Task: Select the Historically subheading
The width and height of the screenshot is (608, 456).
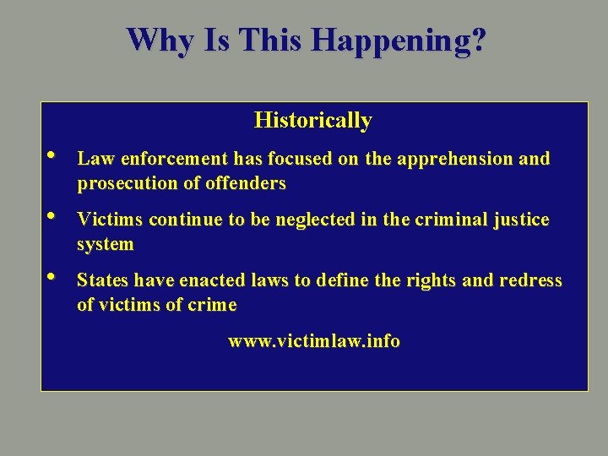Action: pyautogui.click(x=312, y=121)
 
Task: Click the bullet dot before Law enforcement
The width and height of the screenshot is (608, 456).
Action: pyautogui.click(x=52, y=155)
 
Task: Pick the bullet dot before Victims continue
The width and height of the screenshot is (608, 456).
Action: pyautogui.click(x=52, y=216)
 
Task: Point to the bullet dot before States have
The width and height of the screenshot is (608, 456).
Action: pyautogui.click(x=52, y=276)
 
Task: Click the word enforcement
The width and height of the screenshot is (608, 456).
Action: pyautogui.click(x=175, y=159)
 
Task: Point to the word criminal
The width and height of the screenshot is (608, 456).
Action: pyautogui.click(x=449, y=220)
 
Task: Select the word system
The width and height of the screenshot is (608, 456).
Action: pyautogui.click(x=105, y=245)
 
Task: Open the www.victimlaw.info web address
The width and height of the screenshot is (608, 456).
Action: pyautogui.click(x=314, y=342)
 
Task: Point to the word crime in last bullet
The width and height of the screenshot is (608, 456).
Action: pyautogui.click(x=213, y=305)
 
